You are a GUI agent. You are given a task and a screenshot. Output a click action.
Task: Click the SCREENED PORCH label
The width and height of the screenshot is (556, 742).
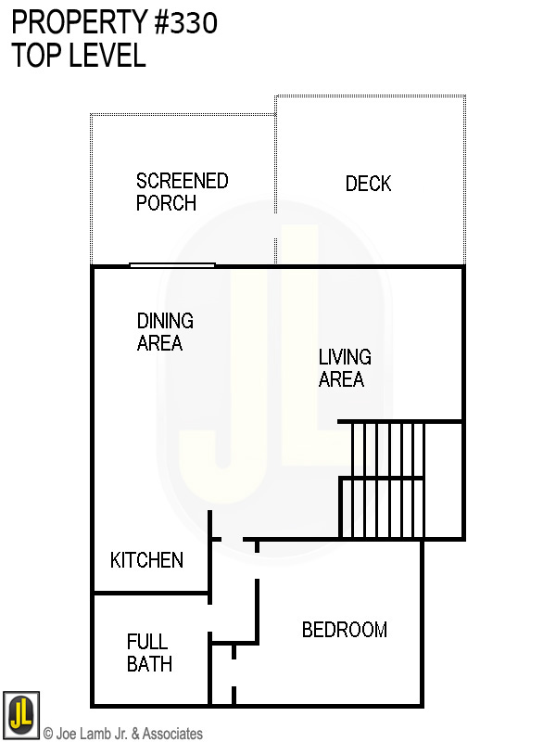(x=182, y=192)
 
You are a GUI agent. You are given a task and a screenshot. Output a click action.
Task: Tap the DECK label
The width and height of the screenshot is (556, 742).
(x=368, y=184)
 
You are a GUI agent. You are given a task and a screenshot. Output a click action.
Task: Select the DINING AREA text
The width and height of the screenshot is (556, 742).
(x=165, y=332)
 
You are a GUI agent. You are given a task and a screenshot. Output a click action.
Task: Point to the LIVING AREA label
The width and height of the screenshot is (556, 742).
(x=345, y=368)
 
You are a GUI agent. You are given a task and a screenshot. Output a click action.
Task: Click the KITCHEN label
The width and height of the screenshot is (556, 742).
(x=146, y=560)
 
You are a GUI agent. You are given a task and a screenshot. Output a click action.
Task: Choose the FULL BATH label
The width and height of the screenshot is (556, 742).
(x=148, y=653)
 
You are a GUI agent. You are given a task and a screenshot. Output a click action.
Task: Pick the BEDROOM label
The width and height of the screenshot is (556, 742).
(x=344, y=630)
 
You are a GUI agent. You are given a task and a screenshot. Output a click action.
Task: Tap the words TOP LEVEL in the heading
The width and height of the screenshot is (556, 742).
(x=79, y=56)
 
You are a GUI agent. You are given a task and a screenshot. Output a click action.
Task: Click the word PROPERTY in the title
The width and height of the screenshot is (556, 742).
(x=77, y=23)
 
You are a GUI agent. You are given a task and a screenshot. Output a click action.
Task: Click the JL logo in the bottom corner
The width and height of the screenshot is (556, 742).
(x=20, y=715)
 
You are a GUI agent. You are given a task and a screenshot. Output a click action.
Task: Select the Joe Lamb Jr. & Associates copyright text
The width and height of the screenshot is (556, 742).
(x=123, y=734)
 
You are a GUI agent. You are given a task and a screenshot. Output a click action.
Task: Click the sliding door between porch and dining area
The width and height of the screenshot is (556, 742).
(x=171, y=265)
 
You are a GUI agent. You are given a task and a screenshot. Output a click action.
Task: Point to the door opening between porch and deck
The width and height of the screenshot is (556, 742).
(x=275, y=225)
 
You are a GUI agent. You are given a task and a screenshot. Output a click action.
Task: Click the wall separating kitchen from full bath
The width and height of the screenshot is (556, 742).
(x=150, y=593)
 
